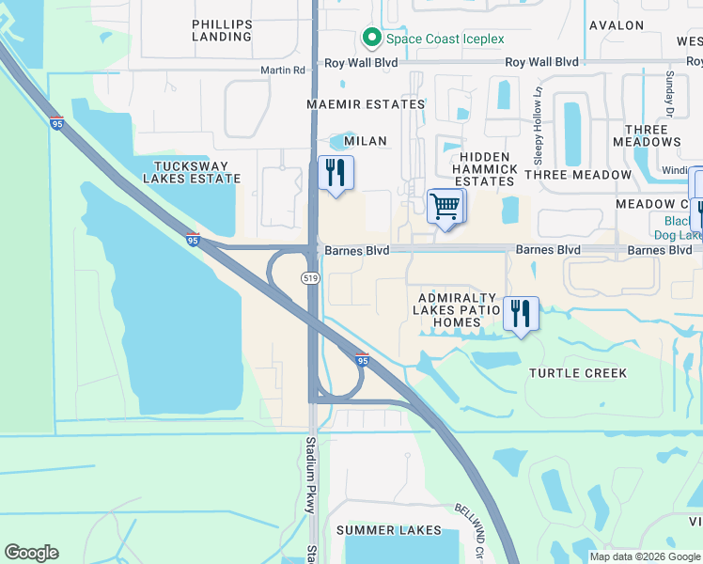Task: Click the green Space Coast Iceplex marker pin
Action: point(371,39)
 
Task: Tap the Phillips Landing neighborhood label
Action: point(222,30)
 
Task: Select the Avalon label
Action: point(617,25)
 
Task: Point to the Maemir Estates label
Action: point(367,104)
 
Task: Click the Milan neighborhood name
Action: point(366,140)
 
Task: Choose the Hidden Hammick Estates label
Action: point(486,168)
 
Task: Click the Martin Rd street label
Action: point(283,70)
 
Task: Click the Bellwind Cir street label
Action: point(470,529)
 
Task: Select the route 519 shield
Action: point(309,278)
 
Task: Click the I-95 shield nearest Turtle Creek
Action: point(362,359)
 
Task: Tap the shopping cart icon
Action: point(445,205)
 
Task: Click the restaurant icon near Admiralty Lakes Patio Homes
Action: point(521,312)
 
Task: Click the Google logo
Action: point(31,553)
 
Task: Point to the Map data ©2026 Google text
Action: point(644,556)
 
